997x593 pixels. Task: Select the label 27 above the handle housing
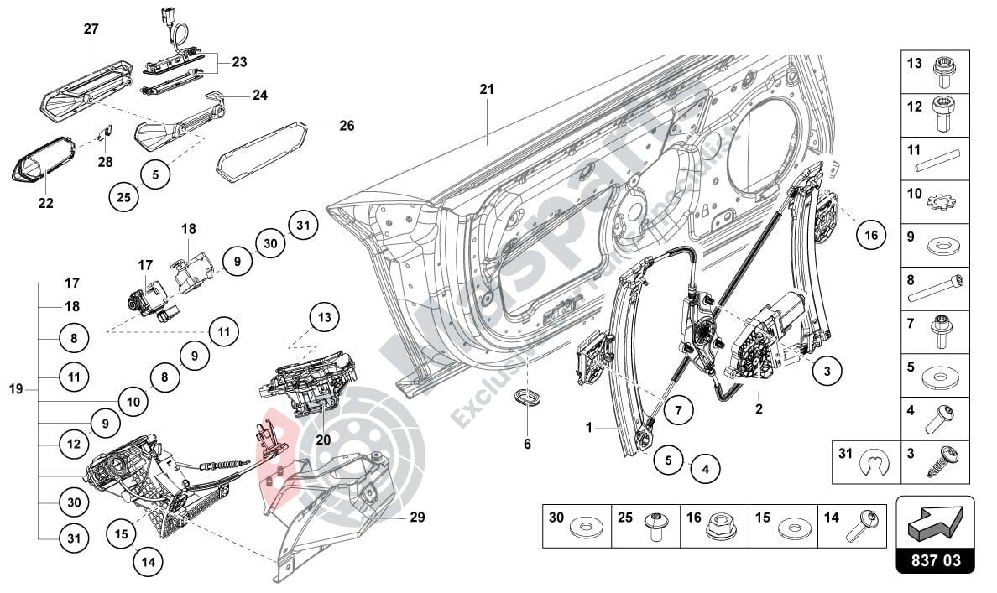pos(91,29)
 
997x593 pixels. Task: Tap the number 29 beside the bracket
pos(417,518)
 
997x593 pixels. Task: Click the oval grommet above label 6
pos(526,398)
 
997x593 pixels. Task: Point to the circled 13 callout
pos(325,317)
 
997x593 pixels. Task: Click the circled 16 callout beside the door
pos(871,236)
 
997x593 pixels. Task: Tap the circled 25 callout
pos(124,198)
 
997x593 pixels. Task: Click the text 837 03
pos(936,559)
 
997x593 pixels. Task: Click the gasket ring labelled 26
pos(262,150)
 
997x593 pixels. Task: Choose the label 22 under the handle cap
pos(44,203)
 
